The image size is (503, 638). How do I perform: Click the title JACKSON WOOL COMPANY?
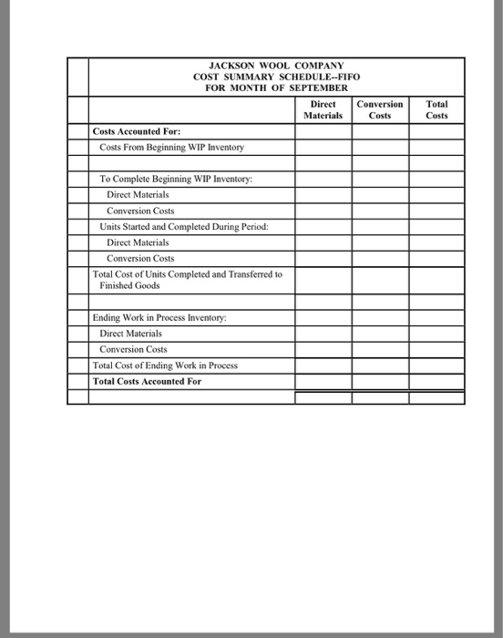276,66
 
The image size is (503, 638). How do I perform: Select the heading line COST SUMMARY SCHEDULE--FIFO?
276,77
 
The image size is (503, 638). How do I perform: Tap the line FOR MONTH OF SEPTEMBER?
276,87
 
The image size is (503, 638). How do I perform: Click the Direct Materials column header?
323,110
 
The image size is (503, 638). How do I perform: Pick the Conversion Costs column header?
380,110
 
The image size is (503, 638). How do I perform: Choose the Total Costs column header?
436,110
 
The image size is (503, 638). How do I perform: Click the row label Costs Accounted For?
128,131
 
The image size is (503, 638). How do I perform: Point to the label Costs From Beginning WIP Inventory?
171,147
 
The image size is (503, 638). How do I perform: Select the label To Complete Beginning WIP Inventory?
175,179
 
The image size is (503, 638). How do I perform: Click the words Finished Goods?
129,285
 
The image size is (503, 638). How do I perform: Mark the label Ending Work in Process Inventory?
160,317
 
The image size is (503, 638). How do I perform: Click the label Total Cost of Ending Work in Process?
165,365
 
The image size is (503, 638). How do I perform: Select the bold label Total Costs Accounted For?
147,381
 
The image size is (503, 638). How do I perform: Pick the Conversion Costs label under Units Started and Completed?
140,258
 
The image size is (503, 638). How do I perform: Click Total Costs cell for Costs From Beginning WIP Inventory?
436,147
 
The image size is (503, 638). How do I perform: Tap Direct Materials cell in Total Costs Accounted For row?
323,381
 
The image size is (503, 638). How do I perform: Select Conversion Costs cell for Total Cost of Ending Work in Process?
380,365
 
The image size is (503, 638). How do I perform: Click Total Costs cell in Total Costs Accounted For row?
436,381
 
